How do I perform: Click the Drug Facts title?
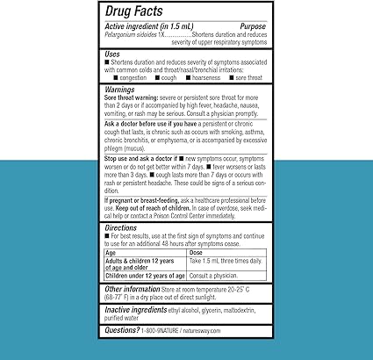pos(137,12)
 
